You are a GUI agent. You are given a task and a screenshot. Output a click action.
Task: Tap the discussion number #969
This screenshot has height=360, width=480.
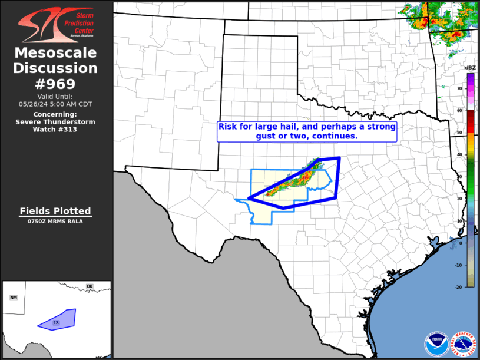coord(56,83)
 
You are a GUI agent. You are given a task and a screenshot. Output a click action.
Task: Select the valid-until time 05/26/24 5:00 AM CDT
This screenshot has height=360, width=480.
coord(56,104)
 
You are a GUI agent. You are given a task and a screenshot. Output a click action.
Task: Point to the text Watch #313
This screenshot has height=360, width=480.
coord(56,130)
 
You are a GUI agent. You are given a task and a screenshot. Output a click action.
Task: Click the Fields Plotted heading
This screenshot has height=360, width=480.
coord(55,211)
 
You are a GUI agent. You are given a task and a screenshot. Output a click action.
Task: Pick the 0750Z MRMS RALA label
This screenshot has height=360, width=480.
coord(55,222)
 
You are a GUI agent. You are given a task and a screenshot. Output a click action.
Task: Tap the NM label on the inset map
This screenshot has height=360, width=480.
coord(14,298)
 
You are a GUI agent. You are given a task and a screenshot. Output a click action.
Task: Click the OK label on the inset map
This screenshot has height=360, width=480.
coord(90,287)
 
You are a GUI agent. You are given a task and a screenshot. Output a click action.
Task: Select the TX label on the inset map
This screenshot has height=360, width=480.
coord(57,323)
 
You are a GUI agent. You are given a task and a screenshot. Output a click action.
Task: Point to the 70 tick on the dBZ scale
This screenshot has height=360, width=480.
coord(459,88)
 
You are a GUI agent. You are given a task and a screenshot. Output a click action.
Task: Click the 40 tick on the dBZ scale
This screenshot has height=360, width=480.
coord(459,155)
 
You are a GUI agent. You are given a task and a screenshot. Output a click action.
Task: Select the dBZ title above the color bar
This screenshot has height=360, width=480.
coord(470,68)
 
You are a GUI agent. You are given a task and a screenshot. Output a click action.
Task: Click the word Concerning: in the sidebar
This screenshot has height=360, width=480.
coord(55,114)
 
